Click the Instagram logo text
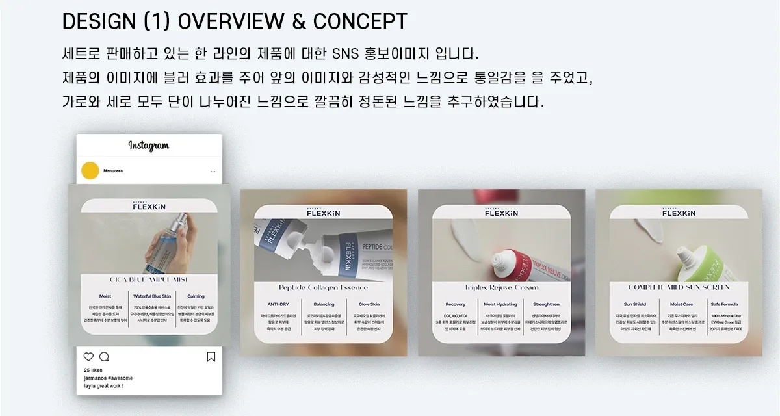(148, 146)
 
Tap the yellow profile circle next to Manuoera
(89, 172)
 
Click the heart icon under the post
(89, 357)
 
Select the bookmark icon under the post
(211, 357)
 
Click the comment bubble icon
(104, 357)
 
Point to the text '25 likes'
(93, 370)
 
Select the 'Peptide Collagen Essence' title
(323, 287)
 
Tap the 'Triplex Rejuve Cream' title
(501, 287)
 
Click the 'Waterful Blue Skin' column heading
(151, 296)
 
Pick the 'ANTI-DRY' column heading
(278, 304)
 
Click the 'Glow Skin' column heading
(369, 304)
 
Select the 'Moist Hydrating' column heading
(500, 304)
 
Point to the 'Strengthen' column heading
(546, 304)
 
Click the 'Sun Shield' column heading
(634, 304)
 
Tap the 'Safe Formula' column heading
(724, 304)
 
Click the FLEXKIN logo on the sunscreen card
(679, 212)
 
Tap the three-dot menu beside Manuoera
(213, 172)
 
